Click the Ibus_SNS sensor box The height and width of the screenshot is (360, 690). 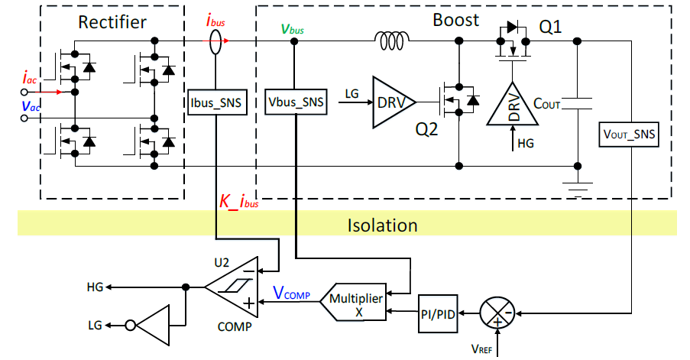217,102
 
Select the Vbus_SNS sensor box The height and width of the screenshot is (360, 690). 296,101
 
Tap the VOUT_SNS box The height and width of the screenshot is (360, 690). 629,134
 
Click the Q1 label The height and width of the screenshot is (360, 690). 551,28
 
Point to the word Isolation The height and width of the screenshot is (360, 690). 382,225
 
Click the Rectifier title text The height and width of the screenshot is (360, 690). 112,22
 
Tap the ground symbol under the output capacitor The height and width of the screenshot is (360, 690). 578,184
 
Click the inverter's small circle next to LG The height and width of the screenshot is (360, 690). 131,326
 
